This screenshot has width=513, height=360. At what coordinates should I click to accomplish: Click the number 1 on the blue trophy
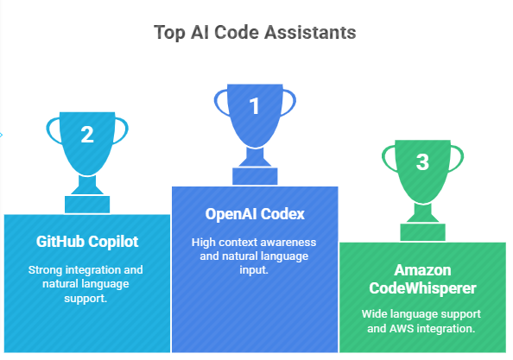coord(254,106)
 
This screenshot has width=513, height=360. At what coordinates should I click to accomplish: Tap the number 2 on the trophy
coord(87,135)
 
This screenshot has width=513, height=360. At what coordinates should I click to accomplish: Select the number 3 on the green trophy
coord(422,161)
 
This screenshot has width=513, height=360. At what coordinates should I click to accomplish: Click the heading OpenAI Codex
coord(255,214)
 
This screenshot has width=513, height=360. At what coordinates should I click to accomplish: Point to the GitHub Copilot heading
coord(87,242)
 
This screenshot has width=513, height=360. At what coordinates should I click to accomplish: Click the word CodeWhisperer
coord(422,288)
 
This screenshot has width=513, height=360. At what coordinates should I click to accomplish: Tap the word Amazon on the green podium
coord(422,270)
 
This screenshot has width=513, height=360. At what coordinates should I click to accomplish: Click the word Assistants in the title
coord(310,32)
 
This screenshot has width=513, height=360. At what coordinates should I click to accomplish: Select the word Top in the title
coord(169,33)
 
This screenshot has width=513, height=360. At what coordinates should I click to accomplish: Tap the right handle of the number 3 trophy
coord(456,159)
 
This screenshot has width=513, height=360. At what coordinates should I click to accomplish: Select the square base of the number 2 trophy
coord(87,205)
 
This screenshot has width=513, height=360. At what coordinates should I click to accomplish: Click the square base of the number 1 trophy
coord(255,177)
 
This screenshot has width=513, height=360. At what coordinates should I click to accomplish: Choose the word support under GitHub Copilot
coord(85,299)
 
